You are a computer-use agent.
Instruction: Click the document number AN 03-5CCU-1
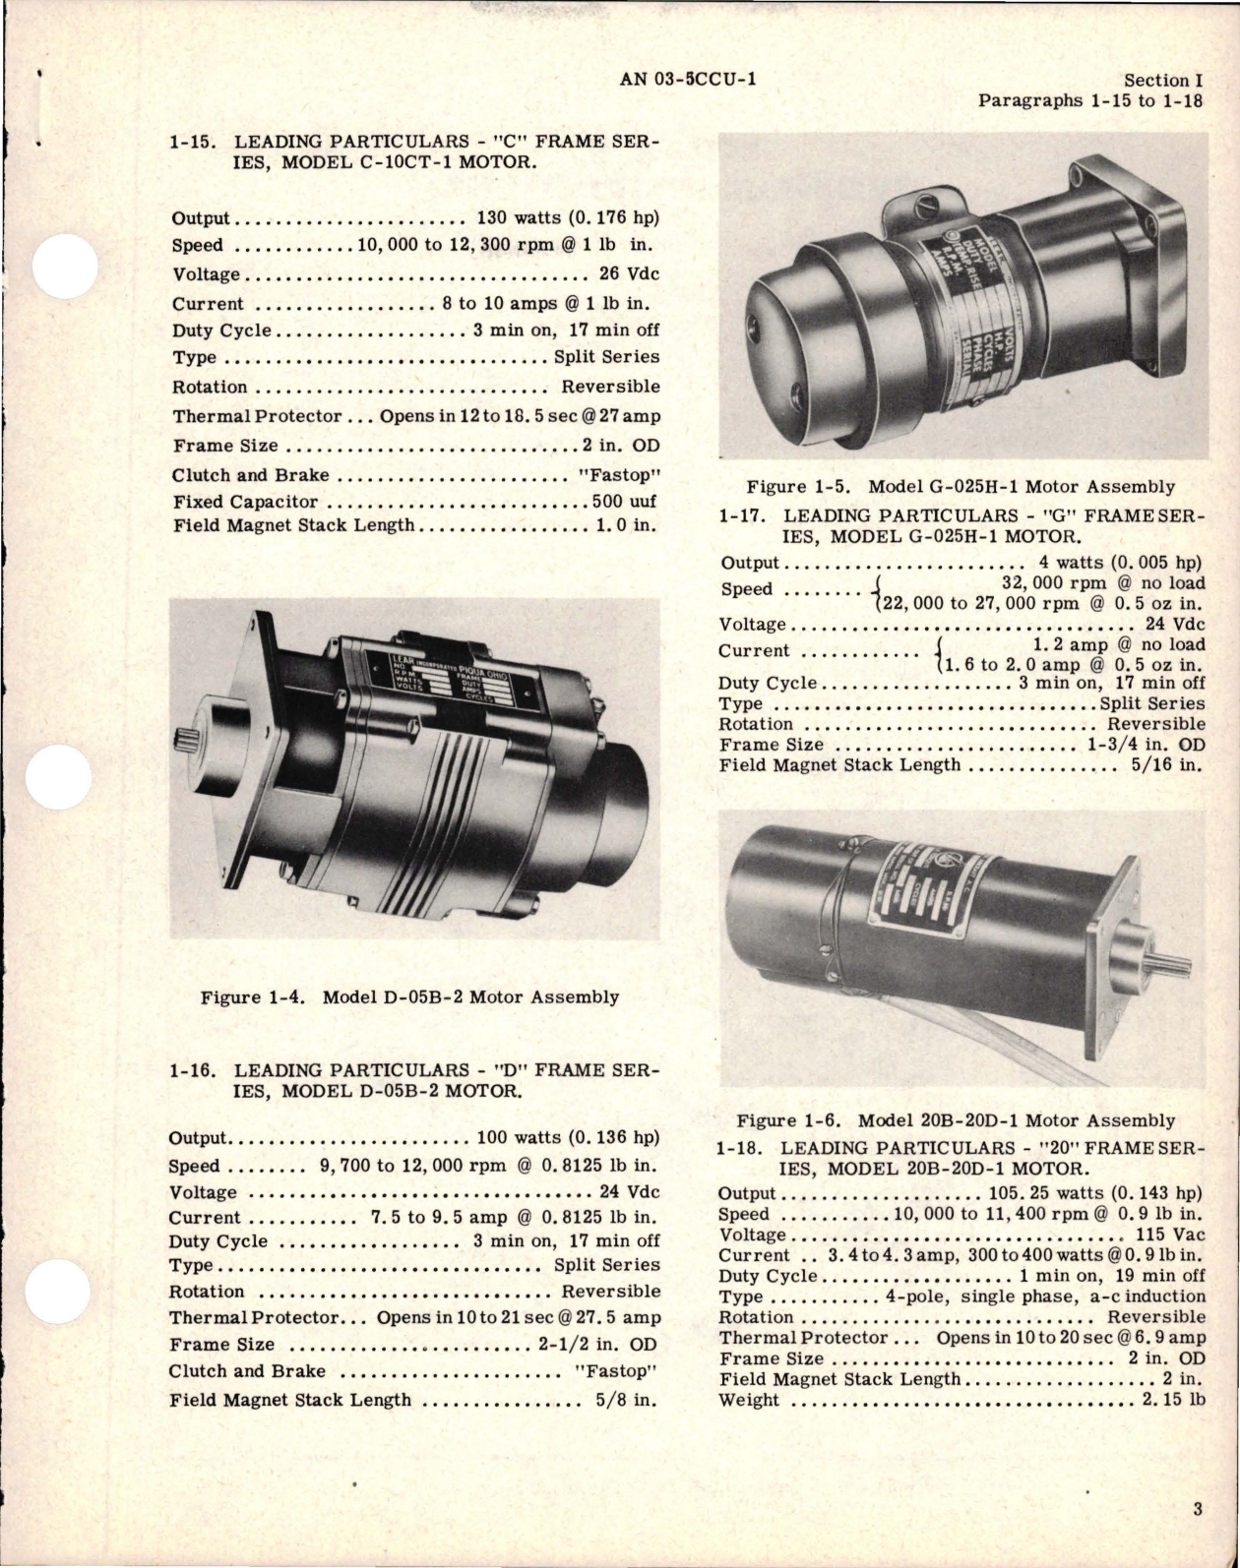click(688, 80)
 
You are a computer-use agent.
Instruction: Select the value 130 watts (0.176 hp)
click(567, 218)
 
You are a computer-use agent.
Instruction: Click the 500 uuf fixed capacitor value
click(624, 502)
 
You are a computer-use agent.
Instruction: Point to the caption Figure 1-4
click(409, 996)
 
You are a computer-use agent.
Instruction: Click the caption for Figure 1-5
click(960, 486)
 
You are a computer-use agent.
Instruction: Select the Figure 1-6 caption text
click(955, 1119)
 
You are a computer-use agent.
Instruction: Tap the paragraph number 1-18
click(742, 1148)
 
